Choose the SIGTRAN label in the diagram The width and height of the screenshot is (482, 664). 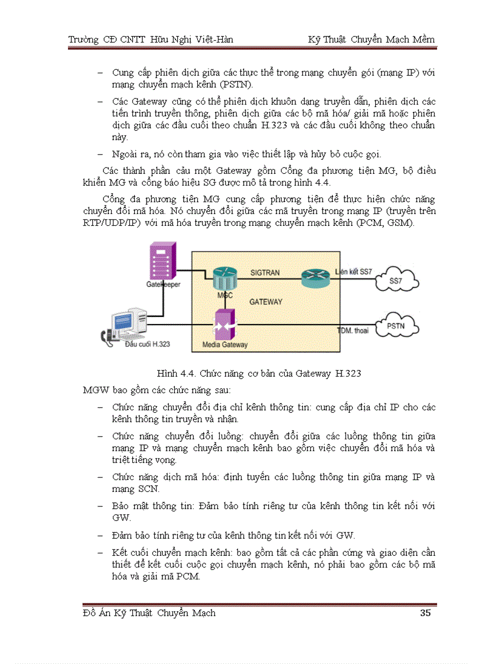tap(265, 273)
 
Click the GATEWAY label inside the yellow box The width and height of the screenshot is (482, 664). tap(266, 302)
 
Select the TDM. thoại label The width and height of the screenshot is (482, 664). tap(353, 331)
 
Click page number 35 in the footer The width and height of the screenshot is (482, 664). tap(425, 613)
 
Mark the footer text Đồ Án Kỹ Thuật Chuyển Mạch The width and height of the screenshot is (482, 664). tap(149, 613)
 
